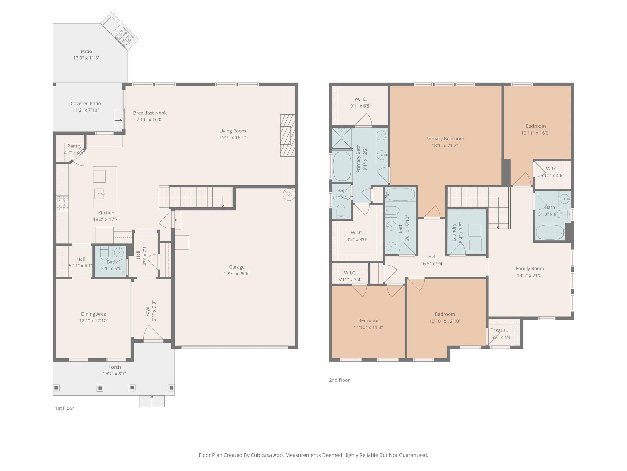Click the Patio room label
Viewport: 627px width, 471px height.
86,51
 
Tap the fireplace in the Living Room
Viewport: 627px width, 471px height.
287,135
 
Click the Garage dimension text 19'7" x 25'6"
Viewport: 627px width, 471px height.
237,274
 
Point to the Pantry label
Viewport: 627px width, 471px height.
74,146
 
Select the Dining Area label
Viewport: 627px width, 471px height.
94,314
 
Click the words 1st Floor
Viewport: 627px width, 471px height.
65,408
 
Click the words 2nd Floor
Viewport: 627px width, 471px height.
339,380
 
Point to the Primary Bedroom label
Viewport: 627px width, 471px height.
445,139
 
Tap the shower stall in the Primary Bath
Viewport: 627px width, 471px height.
341,138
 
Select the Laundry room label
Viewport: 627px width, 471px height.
454,232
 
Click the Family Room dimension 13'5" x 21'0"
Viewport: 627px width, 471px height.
530,275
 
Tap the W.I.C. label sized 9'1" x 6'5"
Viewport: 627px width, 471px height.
361,99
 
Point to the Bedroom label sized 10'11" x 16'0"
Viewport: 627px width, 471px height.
535,126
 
